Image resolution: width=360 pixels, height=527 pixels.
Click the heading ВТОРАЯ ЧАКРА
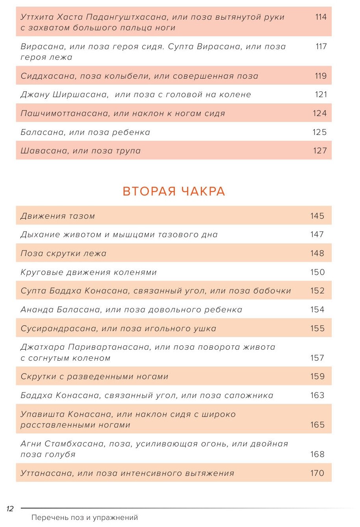(174, 192)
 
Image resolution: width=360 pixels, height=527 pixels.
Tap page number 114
(321, 17)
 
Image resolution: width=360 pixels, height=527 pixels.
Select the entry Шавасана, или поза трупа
(81, 151)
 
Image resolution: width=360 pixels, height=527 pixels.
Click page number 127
(320, 151)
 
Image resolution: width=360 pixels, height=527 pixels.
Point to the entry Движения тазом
(58, 216)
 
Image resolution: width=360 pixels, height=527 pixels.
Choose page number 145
(317, 216)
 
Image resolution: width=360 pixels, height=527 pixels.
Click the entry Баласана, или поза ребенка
(85, 132)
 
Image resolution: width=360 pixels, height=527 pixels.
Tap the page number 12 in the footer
(10, 509)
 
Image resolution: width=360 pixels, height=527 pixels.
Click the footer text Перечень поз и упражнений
(84, 518)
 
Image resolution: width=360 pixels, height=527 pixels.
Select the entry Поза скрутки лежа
(64, 253)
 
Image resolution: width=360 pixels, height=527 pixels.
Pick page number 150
(317, 272)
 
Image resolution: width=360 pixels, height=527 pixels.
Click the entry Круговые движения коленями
(89, 272)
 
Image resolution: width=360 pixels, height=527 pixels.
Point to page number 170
(317, 473)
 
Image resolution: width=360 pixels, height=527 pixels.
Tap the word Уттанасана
(46, 473)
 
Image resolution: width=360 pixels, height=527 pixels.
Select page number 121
(321, 94)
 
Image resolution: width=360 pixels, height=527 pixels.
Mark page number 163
(317, 395)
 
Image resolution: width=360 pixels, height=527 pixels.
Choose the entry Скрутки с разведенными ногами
(94, 376)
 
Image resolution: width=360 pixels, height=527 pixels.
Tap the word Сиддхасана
(48, 76)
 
